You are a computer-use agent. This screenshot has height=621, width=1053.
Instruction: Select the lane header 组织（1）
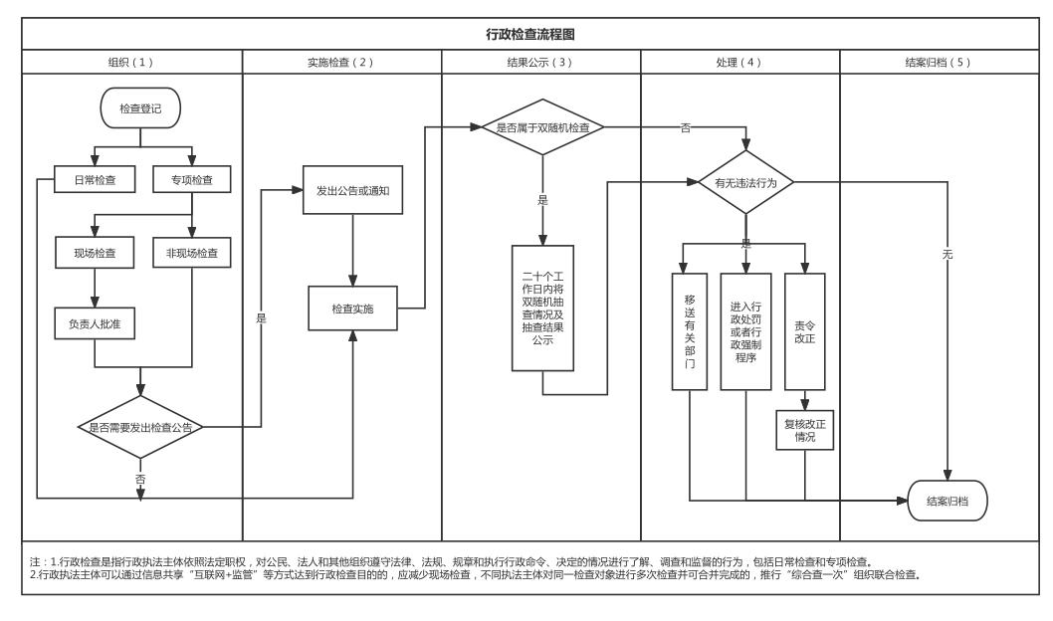(x=130, y=62)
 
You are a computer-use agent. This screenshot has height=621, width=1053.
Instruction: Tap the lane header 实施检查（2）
(x=341, y=62)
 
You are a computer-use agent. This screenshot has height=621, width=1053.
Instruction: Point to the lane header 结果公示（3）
(x=540, y=62)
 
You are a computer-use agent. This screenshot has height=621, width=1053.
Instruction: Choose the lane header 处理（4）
(x=739, y=62)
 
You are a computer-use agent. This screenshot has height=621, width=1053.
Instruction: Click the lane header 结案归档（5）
(x=939, y=62)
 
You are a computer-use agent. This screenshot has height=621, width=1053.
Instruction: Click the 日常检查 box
(x=95, y=180)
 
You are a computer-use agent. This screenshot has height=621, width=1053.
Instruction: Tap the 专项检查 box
(x=192, y=180)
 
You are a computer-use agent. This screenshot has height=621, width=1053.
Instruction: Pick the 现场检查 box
(x=95, y=253)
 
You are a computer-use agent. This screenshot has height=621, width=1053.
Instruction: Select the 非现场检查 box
(x=192, y=253)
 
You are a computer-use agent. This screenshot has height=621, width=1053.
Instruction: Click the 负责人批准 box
(x=95, y=324)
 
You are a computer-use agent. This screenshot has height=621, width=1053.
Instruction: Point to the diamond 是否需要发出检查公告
(x=140, y=427)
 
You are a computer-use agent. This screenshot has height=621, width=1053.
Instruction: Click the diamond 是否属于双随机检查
(x=542, y=127)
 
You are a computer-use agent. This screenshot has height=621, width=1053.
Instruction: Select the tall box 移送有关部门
(x=689, y=332)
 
